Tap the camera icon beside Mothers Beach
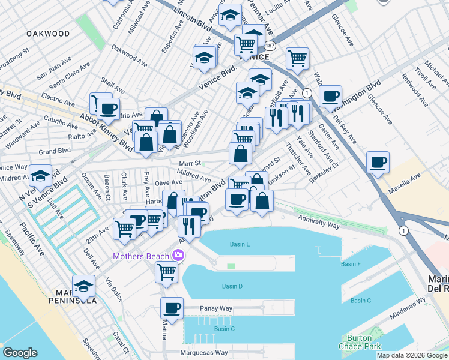(178, 256)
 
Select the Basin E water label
(240, 244)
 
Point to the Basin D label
(232, 286)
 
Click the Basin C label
(224, 329)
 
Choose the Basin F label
(351, 264)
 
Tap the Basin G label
(361, 301)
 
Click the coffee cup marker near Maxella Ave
(378, 162)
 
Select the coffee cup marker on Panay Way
(172, 308)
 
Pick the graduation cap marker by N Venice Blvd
(40, 175)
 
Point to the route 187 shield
(270, 46)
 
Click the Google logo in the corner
(20, 353)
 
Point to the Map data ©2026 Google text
(411, 355)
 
